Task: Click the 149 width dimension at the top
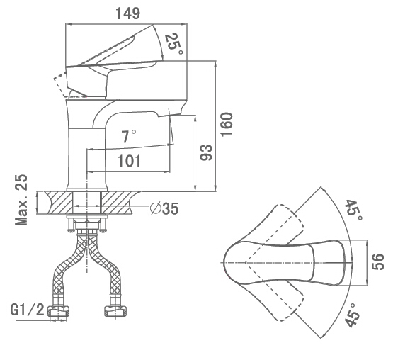(128, 13)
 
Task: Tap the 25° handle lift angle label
(173, 44)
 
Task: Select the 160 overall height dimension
(227, 125)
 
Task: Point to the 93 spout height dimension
(206, 152)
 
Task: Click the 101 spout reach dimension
(130, 161)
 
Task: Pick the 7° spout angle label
(129, 136)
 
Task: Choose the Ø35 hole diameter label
(164, 208)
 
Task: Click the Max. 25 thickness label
(21, 200)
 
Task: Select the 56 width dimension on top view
(377, 262)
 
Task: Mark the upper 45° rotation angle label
(353, 210)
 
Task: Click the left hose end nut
(59, 311)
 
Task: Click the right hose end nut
(115, 311)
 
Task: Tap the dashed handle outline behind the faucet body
(61, 85)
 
